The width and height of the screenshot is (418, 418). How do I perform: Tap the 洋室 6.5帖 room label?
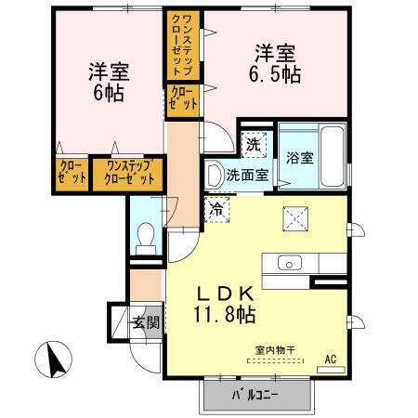[274, 63]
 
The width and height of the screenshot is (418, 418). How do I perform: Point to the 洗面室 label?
[249, 173]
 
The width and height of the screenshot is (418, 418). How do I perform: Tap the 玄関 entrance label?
[145, 323]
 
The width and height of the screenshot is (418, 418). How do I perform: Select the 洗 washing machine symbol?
[252, 144]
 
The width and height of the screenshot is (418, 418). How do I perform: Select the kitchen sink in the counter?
[286, 263]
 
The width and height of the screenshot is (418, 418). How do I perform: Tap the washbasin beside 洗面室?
[216, 174]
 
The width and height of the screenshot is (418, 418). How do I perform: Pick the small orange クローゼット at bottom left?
[71, 175]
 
